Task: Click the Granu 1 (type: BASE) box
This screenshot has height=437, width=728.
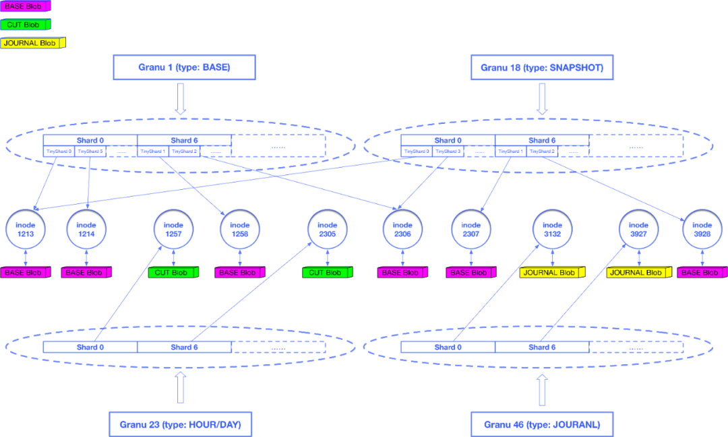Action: click(184, 67)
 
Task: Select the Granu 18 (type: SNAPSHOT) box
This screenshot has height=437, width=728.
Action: click(541, 67)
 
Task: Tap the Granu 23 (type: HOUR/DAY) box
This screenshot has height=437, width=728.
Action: click(180, 425)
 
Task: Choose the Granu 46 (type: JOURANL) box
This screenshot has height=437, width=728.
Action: click(542, 425)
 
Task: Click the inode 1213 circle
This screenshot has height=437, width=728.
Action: click(26, 230)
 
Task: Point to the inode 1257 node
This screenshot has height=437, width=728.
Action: click(174, 230)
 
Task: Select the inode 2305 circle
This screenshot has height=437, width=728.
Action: click(327, 230)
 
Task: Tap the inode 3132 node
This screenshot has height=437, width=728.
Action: click(552, 230)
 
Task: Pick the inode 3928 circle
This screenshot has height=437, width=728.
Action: click(702, 230)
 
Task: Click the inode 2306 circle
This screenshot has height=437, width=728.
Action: click(402, 230)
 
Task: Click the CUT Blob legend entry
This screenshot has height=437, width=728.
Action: click(24, 25)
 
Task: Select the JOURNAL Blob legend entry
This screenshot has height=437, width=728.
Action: click(31, 43)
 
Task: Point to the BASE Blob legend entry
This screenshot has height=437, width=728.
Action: click(24, 7)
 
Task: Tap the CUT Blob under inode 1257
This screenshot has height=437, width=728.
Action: click(173, 273)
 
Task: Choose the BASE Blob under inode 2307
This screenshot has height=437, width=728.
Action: click(470, 273)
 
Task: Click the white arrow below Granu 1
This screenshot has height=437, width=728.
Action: click(180, 99)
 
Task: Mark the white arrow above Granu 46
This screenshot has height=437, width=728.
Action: click(542, 389)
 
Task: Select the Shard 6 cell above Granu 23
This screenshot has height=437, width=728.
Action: click(184, 347)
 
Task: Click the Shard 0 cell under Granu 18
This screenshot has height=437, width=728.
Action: click(448, 141)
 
